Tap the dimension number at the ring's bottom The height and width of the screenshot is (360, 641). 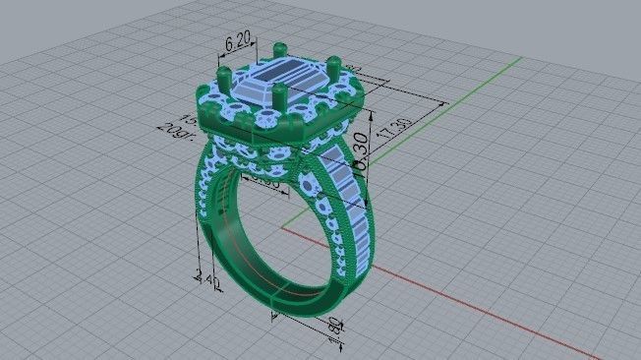pyautogui.click(x=335, y=327)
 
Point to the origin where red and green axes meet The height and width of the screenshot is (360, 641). pyautogui.click(x=283, y=228)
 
